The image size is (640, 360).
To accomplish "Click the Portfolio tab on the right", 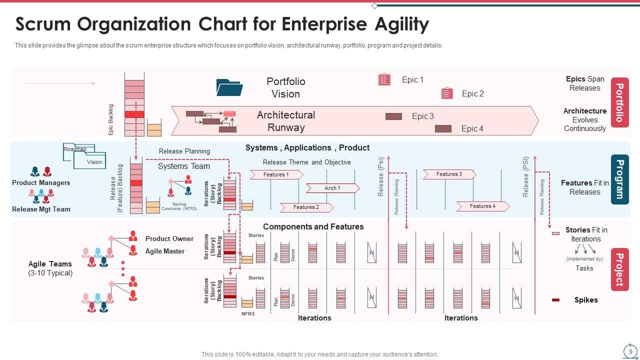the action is click(619, 102).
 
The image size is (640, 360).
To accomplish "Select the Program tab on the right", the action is click(619, 179).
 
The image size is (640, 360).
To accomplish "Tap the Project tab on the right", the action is click(619, 269).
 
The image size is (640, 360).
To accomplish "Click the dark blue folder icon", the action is click(229, 87).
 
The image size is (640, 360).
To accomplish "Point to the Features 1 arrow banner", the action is click(276, 174).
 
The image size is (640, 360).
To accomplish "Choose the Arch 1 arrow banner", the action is click(332, 188).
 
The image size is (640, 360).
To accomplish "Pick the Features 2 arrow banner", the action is click(306, 207).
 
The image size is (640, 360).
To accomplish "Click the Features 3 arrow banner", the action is click(449, 174).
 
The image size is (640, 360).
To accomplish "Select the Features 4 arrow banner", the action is click(482, 206).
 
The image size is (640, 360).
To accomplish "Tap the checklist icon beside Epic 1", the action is click(384, 79).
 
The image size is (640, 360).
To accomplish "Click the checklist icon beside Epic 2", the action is click(447, 93).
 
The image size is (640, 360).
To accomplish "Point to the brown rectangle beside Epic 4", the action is click(443, 128).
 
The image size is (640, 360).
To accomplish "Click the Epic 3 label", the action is click(422, 116).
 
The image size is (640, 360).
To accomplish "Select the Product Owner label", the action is click(169, 238).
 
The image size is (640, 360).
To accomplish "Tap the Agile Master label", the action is click(164, 251).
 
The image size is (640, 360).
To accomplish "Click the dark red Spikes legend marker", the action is click(555, 300).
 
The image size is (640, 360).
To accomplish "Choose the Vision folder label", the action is click(94, 162).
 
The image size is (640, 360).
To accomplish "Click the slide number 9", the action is click(630, 351).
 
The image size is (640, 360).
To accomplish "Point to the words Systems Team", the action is click(184, 166).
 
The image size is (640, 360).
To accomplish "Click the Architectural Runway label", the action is click(286, 121).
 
